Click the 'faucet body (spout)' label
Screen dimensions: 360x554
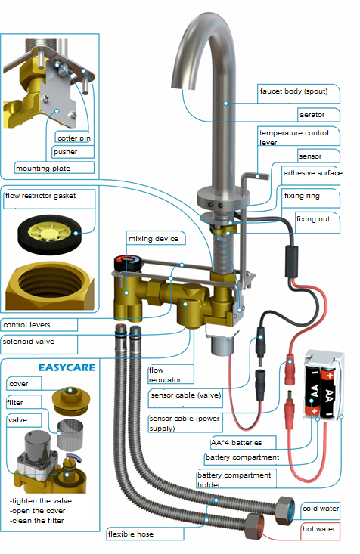pos(294,91)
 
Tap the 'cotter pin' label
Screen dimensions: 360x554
pos(74,138)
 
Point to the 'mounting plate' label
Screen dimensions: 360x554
pos(43,169)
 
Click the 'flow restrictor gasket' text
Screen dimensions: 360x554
pos(40,196)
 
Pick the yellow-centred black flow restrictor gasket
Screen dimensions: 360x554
pos(49,234)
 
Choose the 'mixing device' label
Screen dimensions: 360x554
pos(154,239)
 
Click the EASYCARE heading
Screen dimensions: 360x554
pos(67,368)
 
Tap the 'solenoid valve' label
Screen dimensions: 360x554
pos(29,342)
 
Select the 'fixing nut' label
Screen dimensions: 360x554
pos(313,219)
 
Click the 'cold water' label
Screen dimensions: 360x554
pos(321,509)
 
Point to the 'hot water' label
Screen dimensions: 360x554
pos(318,529)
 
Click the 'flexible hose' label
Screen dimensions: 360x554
pos(131,534)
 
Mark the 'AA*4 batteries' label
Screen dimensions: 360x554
pos(236,443)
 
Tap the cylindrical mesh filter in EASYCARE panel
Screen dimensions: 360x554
pos(70,435)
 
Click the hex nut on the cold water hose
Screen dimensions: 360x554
pos(285,510)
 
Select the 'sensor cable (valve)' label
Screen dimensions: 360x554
pos(185,395)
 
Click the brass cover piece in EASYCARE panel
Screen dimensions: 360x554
pos(71,401)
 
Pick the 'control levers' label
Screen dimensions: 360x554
pos(26,325)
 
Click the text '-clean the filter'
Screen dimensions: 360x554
pos(37,521)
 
